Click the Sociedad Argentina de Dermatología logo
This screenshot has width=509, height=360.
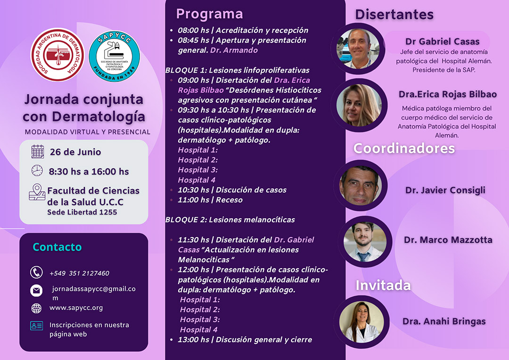point(57,55)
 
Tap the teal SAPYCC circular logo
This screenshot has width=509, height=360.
point(114,56)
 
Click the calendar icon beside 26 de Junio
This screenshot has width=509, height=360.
point(38,152)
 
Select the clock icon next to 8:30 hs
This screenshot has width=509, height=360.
point(37,171)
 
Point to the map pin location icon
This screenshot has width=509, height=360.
point(37,192)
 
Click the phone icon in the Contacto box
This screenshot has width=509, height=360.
point(36,272)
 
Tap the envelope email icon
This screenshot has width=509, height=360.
point(36,291)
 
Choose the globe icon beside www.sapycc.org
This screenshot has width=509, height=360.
point(36,308)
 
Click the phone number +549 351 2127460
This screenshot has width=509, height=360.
point(79,273)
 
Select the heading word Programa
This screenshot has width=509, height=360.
point(209,14)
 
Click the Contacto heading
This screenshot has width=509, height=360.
point(57,247)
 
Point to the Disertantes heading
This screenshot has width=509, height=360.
point(394,15)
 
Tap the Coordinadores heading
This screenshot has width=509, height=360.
point(404,148)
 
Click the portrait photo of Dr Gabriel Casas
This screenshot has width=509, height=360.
point(358,49)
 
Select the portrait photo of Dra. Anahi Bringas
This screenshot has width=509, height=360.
point(361,322)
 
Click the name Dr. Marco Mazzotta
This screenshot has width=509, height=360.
point(448,240)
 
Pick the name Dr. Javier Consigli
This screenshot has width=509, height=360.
point(445,190)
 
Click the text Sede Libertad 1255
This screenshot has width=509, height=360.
point(82,213)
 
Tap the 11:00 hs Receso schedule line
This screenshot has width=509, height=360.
point(210,200)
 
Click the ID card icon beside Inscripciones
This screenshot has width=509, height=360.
point(36,326)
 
